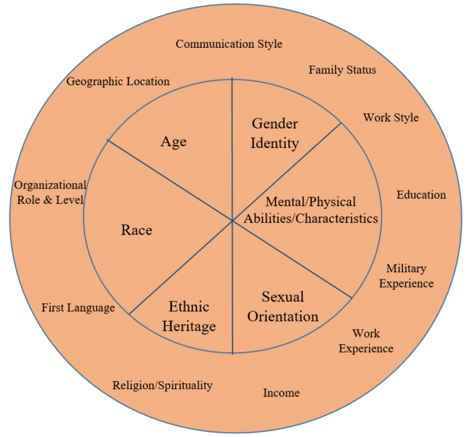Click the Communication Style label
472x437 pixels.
(x=229, y=44)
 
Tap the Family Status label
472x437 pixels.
(x=342, y=70)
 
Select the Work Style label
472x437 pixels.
(x=391, y=118)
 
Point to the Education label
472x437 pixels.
(x=421, y=195)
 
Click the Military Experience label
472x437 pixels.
(x=406, y=276)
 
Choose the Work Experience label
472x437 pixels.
(x=366, y=341)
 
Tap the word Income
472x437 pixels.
(x=281, y=393)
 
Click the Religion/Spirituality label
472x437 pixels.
(x=163, y=385)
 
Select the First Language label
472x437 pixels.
(x=78, y=308)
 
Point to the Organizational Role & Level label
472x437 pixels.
(x=50, y=192)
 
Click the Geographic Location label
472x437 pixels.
(x=118, y=81)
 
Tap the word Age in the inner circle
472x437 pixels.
(x=174, y=142)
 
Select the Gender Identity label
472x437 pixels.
(x=274, y=133)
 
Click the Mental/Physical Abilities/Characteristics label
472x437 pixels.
(x=311, y=210)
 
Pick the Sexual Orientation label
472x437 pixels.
(x=282, y=306)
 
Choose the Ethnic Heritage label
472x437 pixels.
(x=189, y=316)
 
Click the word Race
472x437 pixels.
(x=137, y=230)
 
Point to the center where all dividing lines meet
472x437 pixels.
(x=232, y=220)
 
